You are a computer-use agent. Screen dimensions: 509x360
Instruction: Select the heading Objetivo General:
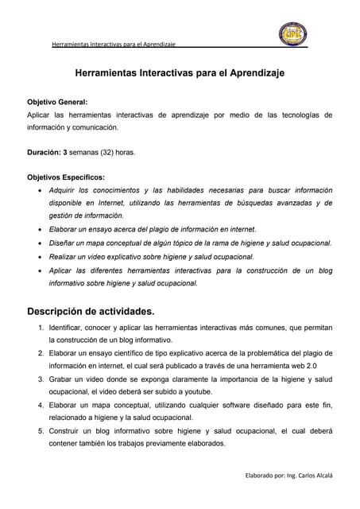click(x=58, y=103)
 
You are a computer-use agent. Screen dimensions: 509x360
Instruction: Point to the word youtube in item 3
click(x=197, y=392)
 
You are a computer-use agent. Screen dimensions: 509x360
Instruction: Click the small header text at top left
click(x=113, y=44)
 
